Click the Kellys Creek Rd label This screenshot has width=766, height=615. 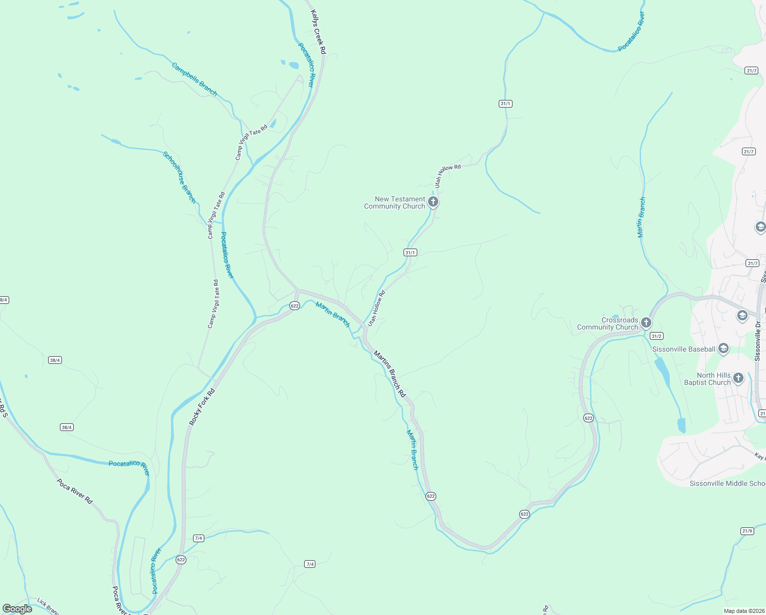[x=318, y=32]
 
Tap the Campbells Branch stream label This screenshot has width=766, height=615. [x=194, y=79]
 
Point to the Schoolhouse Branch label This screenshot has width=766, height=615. [x=179, y=177]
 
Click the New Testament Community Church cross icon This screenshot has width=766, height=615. [x=433, y=202]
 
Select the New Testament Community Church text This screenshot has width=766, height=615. [x=395, y=202]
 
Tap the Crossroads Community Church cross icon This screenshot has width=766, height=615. [x=646, y=323]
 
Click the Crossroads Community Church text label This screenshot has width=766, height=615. [x=608, y=323]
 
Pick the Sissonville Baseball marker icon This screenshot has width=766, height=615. [x=724, y=349]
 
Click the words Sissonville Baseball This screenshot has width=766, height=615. [x=684, y=349]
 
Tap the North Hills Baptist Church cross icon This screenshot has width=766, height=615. [x=738, y=378]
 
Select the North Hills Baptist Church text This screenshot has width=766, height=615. [x=707, y=379]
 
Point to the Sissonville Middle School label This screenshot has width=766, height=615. [x=727, y=483]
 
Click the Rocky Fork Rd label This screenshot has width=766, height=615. [x=202, y=407]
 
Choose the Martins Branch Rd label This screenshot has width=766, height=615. [x=390, y=374]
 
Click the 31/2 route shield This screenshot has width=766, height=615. [x=656, y=336]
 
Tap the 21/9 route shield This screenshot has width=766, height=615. [x=747, y=530]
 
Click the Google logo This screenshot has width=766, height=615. [x=17, y=609]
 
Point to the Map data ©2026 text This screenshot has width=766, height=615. [x=744, y=611]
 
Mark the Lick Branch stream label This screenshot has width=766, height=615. [x=48, y=606]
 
